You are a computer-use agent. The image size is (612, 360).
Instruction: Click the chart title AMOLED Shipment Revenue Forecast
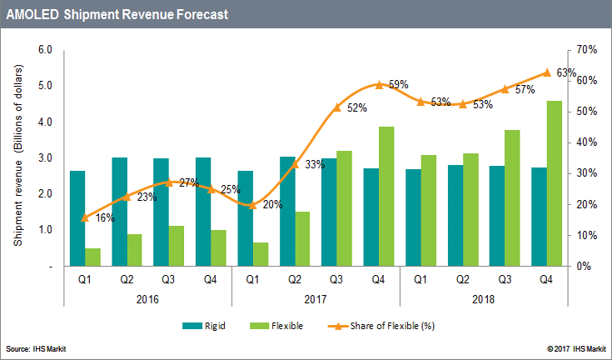pos(117,15)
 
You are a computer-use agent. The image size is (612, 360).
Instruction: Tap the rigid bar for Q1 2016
pos(77,218)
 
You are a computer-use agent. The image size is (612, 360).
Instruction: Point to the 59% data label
pos(398,84)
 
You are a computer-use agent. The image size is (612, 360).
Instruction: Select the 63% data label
pos(568,72)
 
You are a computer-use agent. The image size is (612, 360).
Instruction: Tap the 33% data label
pos(314,165)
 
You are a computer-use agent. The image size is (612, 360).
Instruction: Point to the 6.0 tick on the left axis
pos(46,50)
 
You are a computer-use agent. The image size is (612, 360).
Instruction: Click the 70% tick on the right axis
pos(586,50)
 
